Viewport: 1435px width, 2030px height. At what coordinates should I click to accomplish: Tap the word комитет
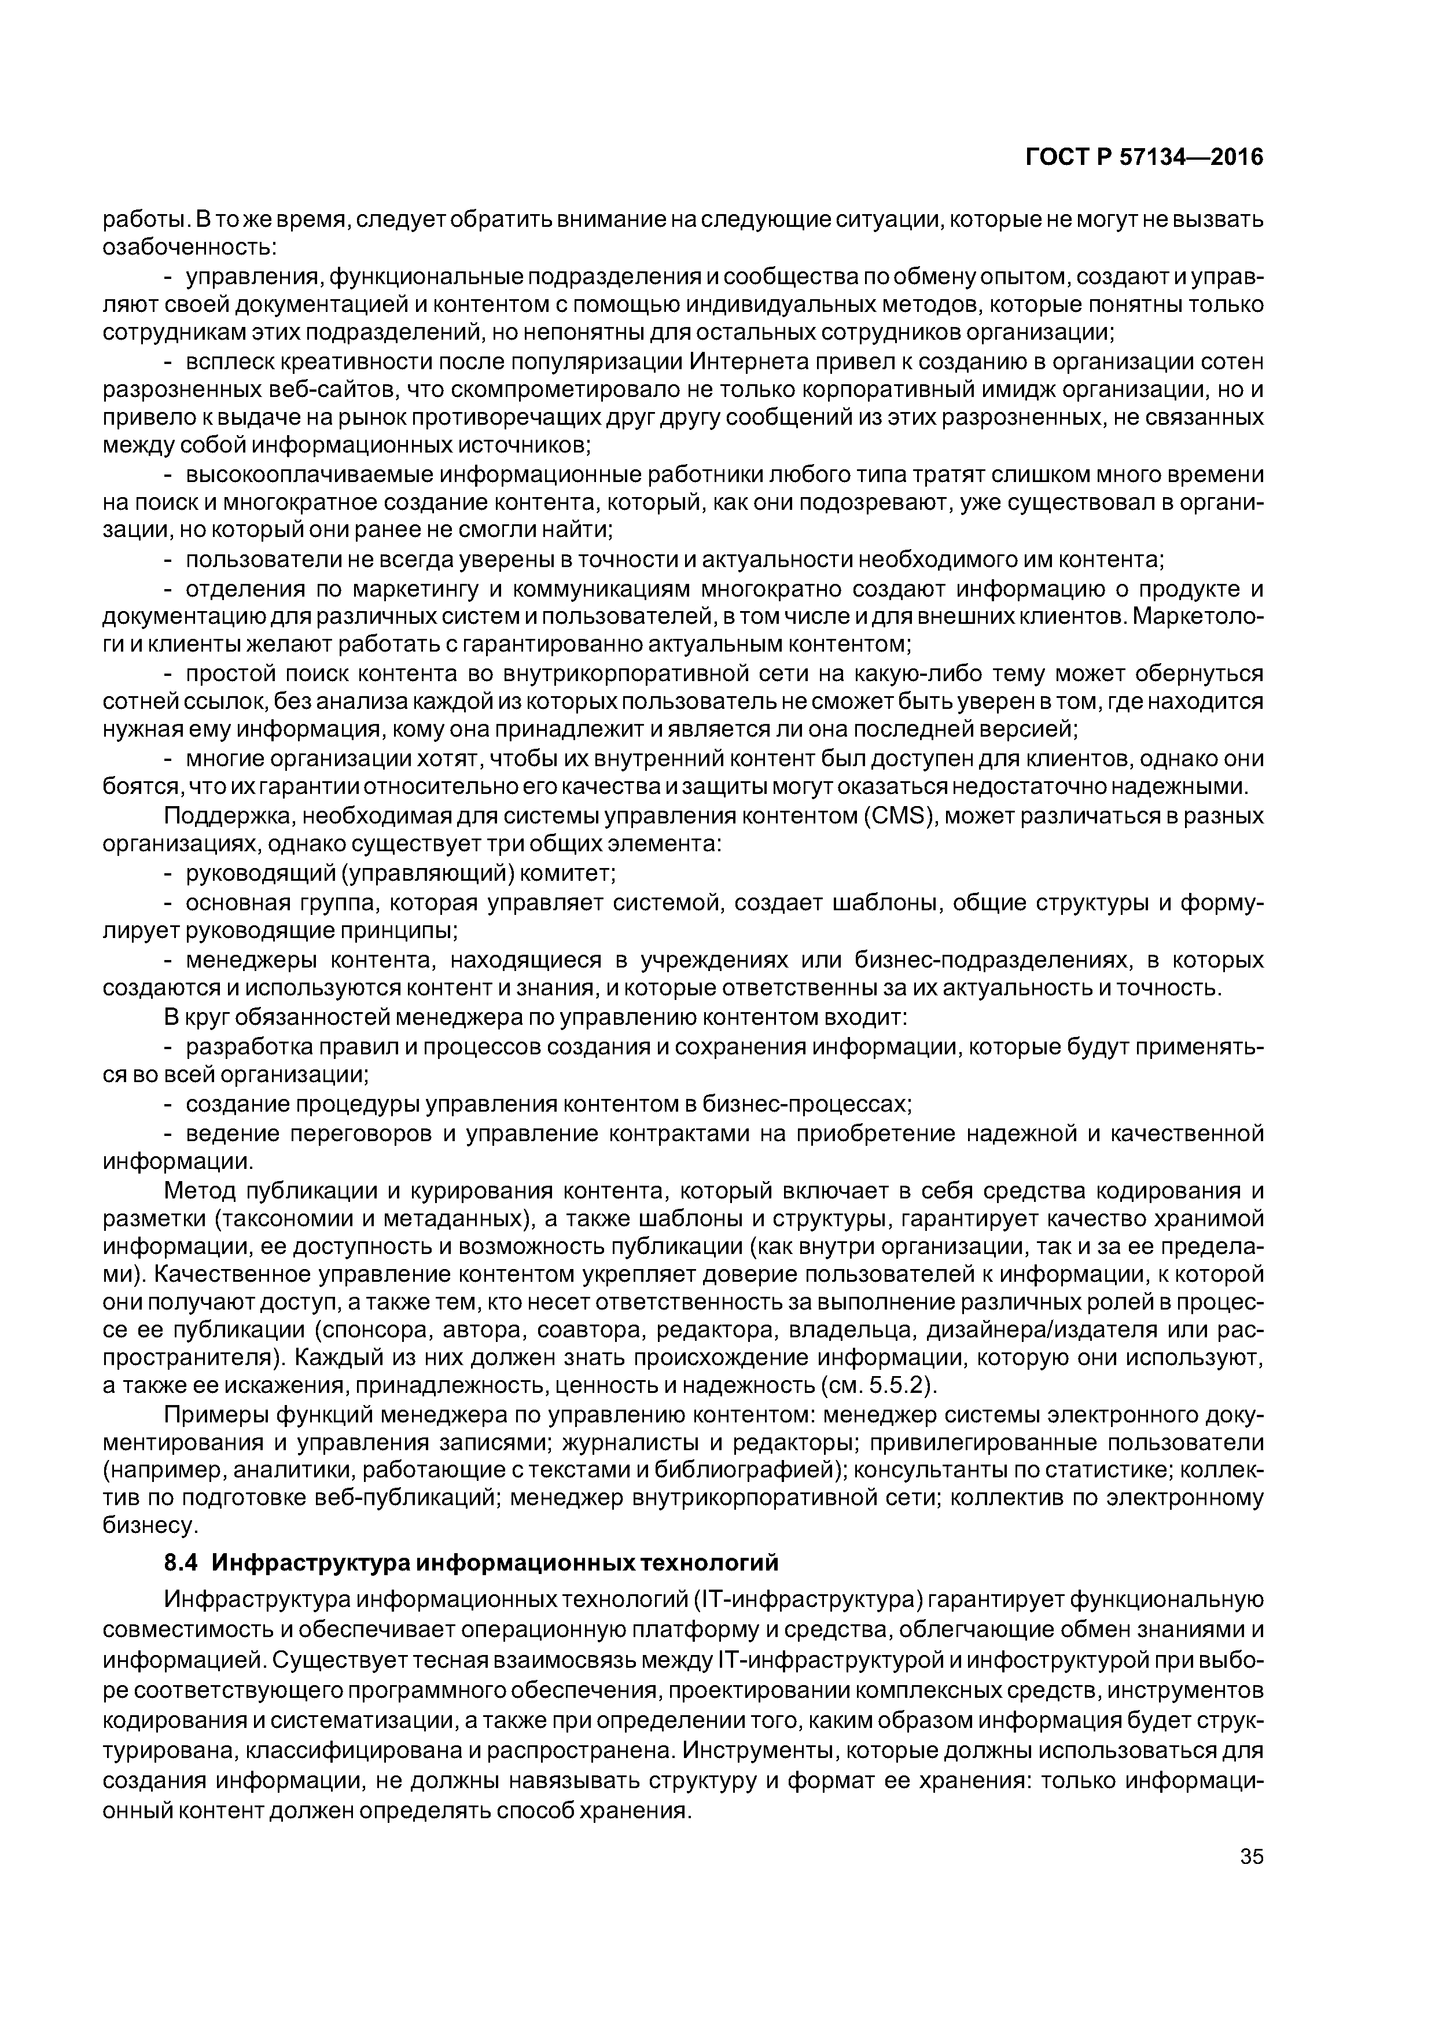566,874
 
